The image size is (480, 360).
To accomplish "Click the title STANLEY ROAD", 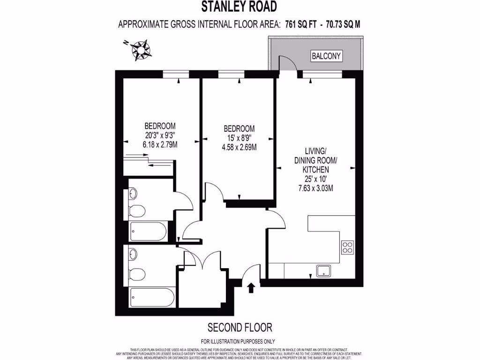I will coord(239,6).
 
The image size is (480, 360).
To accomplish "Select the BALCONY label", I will coord(327,56).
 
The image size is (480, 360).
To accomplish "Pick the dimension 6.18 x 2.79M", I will coord(160,145).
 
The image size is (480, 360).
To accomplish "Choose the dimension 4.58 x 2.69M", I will coord(239,147).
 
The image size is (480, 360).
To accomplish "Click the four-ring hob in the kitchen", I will coord(347,247).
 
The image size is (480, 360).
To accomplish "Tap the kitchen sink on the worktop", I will coord(323,270).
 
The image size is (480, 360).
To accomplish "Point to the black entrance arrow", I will coord(251,287).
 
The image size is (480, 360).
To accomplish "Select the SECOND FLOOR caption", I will coord(240,327).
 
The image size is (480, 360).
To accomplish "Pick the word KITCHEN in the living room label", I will coord(315,170).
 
